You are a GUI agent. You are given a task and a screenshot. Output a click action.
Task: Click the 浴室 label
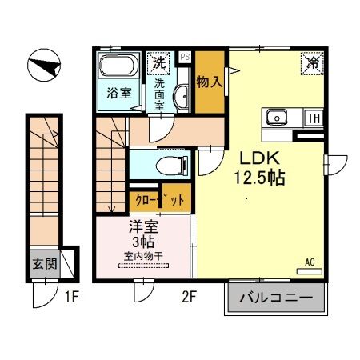pos(121,92)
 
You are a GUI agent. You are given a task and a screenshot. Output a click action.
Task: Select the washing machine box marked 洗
pos(159,62)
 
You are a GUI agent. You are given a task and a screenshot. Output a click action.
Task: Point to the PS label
pos(185,57)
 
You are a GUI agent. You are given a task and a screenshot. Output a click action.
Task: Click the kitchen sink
pos(278,117)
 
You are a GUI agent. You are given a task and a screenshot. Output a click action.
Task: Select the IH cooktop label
pos(315,118)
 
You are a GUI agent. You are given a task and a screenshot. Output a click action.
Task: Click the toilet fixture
pos(170,165)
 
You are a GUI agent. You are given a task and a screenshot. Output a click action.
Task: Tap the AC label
pos(310,261)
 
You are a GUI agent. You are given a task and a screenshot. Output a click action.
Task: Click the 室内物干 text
pos(143,255)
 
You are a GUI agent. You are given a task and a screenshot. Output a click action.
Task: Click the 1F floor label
pos(71,299)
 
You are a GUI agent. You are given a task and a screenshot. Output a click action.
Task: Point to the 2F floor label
pos(188,299)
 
